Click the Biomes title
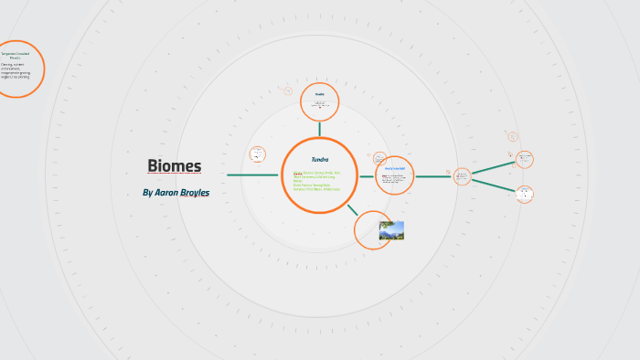[x=174, y=165]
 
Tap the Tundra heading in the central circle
[x=319, y=160]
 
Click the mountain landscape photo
[x=391, y=230]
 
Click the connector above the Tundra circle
[x=319, y=129]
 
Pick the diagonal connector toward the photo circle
[x=352, y=208]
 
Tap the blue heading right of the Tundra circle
[x=395, y=169]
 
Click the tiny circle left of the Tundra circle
[x=258, y=154]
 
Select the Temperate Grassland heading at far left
[x=16, y=56]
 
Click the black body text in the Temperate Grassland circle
[x=16, y=70]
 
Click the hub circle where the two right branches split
[x=463, y=175]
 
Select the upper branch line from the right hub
[x=494, y=167]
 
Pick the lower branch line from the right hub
[x=494, y=185]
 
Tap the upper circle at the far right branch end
[x=524, y=159]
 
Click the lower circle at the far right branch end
[x=524, y=194]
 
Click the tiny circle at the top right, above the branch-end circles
[x=512, y=136]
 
